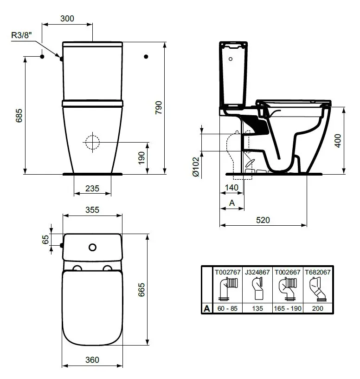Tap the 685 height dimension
(19, 116)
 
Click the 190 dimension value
(141, 157)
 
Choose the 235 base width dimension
(93, 188)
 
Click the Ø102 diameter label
(195, 166)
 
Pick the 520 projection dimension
(263, 220)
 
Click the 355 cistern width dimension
(93, 210)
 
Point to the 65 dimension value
(45, 240)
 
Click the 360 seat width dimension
(93, 360)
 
